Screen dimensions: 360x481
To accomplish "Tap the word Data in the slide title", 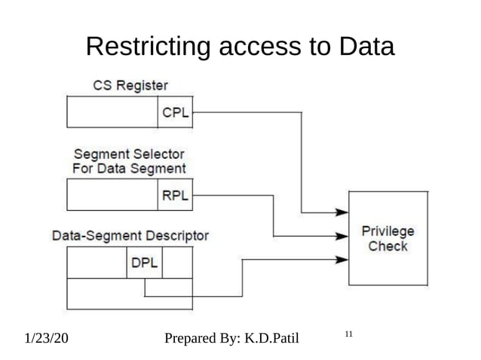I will pyautogui.click(x=364, y=47).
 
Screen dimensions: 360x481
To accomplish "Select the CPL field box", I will pyautogui.click(x=175, y=114).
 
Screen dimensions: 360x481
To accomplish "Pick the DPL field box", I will pyautogui.click(x=145, y=263).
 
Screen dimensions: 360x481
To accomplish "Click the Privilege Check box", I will pyautogui.click(x=388, y=239).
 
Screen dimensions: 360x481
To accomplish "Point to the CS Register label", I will pyautogui.click(x=130, y=85).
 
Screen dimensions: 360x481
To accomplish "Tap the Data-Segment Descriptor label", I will pyautogui.click(x=130, y=235).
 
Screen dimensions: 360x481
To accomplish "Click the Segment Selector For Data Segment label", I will pyautogui.click(x=129, y=161).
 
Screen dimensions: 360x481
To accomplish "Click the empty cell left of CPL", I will pyautogui.click(x=112, y=114).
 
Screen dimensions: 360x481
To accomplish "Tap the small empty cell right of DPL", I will pyautogui.click(x=177, y=263).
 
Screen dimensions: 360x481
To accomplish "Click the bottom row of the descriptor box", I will pyautogui.click(x=130, y=294).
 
